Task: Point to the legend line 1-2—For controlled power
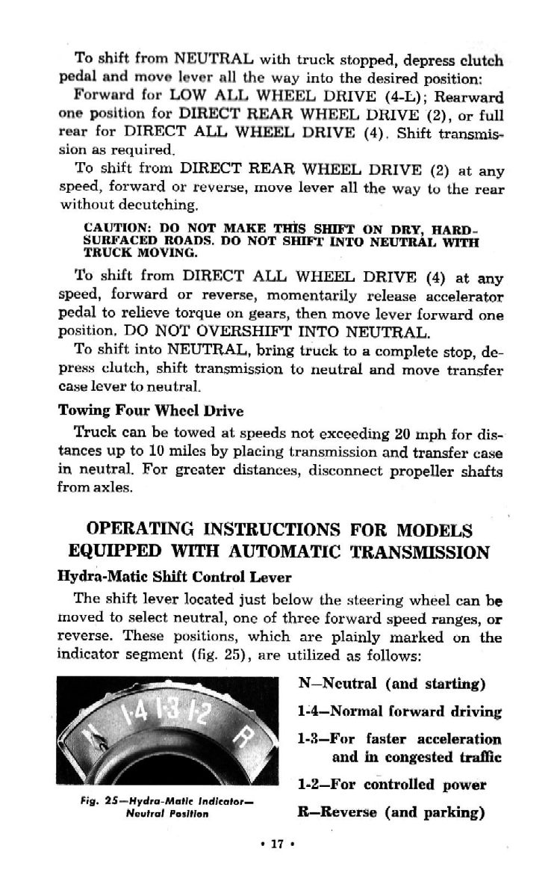[391, 785]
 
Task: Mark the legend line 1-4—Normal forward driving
[399, 711]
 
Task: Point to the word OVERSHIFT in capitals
[230, 330]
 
